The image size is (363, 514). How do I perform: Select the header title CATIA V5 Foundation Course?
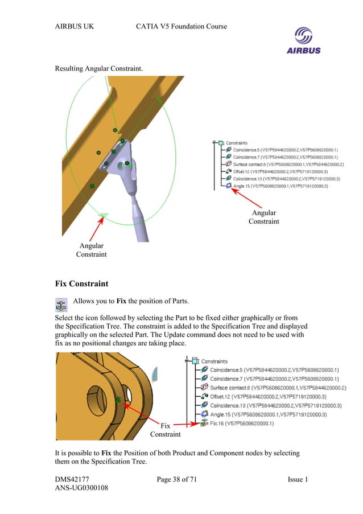[x=182, y=27]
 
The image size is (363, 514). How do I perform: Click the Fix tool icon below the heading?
[x=61, y=303]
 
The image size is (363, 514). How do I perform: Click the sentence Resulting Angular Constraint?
[x=98, y=69]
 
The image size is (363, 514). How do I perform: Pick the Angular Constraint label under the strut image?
[x=91, y=250]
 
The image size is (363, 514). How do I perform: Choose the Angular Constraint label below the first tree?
[x=263, y=217]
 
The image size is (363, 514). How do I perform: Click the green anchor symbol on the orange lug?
[x=118, y=400]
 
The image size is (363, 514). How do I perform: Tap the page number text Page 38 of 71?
[x=176, y=480]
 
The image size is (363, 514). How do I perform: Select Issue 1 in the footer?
[x=298, y=480]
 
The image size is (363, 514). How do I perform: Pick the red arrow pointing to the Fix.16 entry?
[x=185, y=424]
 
